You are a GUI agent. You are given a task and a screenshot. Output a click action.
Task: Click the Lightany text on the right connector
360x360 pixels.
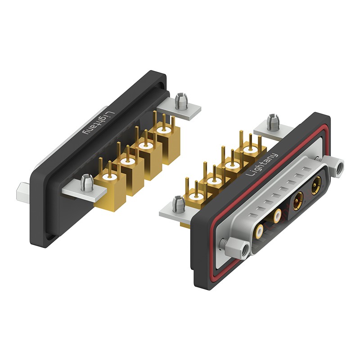[262, 165]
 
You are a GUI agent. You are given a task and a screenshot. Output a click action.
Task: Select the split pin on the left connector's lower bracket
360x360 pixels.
[86, 183]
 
